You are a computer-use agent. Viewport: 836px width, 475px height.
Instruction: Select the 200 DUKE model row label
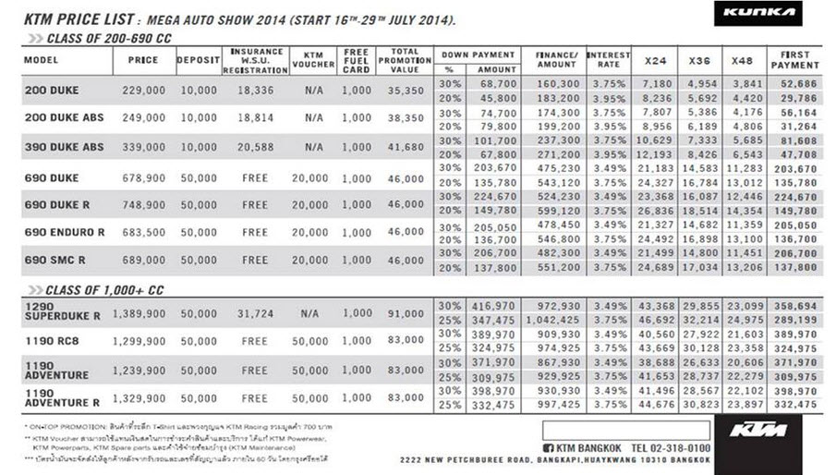coord(52,91)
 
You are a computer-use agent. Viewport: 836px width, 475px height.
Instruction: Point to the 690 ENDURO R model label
coord(65,233)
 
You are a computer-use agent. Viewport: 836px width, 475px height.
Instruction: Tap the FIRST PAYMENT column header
coord(794,60)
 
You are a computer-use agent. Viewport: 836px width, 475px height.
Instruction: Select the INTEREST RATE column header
coord(609,60)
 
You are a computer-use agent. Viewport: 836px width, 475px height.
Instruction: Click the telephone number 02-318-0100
coord(671,448)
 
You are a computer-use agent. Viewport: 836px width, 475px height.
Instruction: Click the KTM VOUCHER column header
coord(313,60)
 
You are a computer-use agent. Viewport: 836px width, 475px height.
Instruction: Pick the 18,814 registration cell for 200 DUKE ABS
coord(255,118)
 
